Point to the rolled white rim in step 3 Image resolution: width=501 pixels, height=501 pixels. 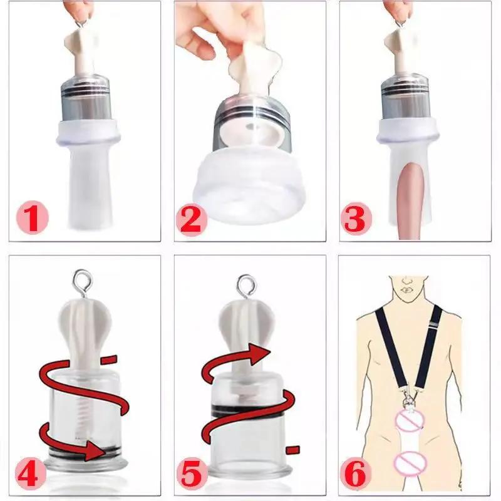(408, 132)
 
